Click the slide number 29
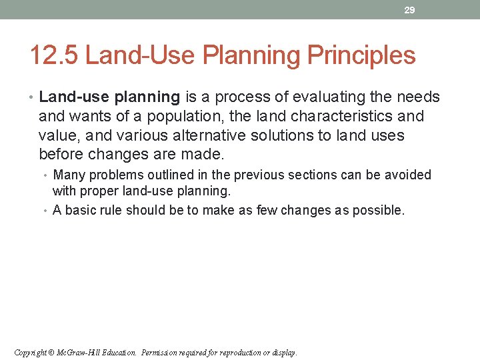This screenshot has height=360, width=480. [410, 10]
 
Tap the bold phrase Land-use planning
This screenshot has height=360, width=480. [109, 97]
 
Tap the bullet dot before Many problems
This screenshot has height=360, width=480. [47, 175]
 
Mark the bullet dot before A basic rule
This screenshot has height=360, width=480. [47, 211]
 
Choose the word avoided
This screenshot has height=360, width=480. [409, 175]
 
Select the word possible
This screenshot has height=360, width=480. [380, 211]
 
